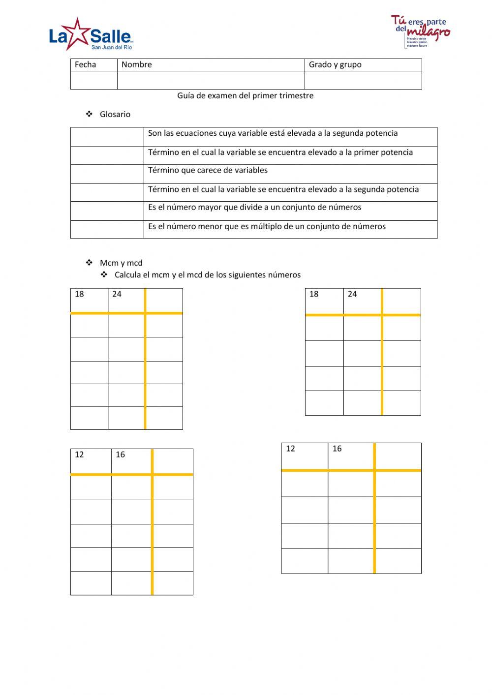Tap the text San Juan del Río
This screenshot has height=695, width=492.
tap(112, 47)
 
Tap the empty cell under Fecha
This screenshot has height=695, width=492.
tap(93, 80)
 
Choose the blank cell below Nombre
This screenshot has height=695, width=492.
tap(211, 80)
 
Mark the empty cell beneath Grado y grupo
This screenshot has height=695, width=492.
tap(363, 80)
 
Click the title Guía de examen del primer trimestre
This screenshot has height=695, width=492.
tap(245, 95)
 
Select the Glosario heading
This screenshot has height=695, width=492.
tap(115, 114)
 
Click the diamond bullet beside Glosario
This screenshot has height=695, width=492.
tap(90, 114)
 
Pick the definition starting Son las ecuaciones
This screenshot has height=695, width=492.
tap(273, 133)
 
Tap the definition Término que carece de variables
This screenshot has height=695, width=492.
tap(208, 170)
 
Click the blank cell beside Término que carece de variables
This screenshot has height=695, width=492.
tap(107, 174)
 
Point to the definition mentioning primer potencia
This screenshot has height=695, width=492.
tap(280, 152)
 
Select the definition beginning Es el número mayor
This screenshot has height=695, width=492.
tap(254, 207)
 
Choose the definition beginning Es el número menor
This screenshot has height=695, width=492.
tap(267, 226)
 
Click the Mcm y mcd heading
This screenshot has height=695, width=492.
tap(121, 263)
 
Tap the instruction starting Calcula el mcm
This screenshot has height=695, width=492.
tap(207, 274)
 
